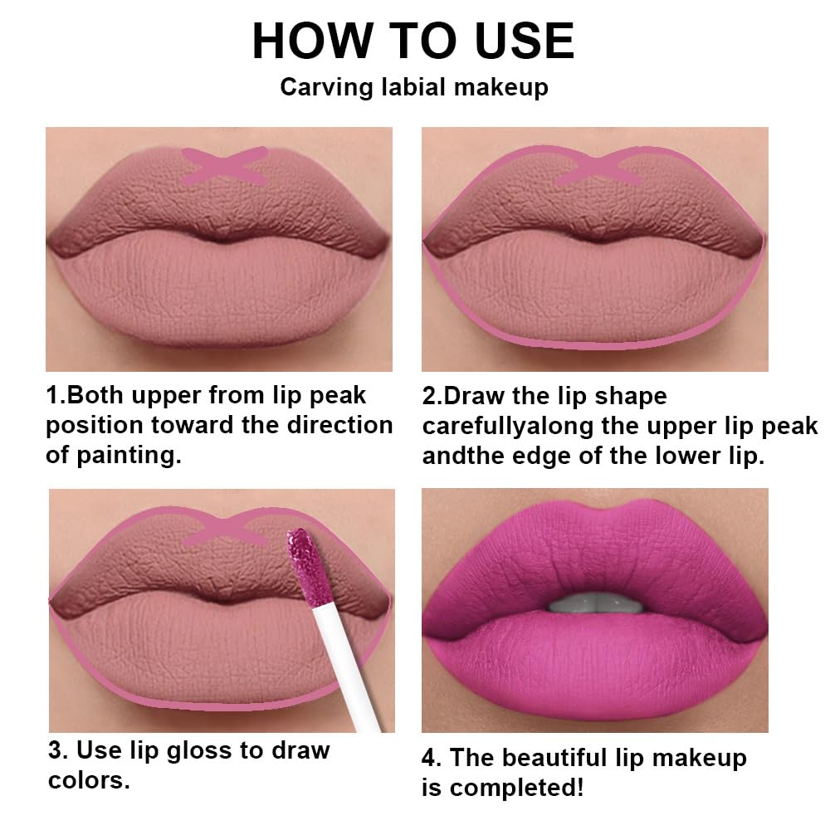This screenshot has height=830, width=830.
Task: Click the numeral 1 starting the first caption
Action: tap(51, 396)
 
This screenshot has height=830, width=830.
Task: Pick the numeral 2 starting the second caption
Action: tap(428, 396)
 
